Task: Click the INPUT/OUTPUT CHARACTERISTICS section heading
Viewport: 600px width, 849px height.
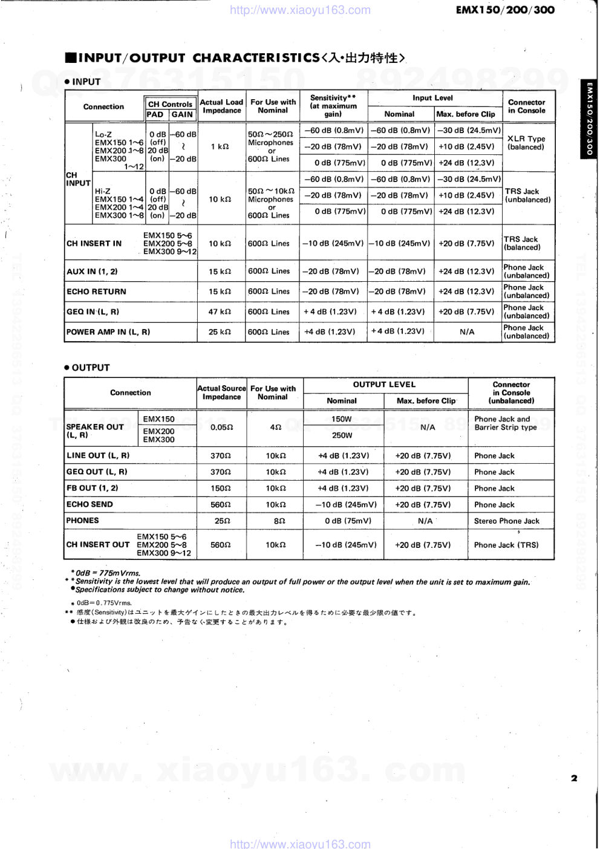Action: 235,58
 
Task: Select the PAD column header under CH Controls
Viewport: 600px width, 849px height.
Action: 155,114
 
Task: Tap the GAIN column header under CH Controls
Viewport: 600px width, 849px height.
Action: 182,114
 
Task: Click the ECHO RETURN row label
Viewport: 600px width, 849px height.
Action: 96,291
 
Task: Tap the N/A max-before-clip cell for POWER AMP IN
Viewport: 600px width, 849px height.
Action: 467,332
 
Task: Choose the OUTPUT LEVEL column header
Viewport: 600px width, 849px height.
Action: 385,385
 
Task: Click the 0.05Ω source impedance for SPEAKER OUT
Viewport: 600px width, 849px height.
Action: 221,427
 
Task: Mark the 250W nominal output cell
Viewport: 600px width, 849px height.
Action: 342,435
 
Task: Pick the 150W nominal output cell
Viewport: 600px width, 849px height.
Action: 342,419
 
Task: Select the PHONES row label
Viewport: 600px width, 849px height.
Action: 82,521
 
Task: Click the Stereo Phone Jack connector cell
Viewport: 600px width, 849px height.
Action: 506,521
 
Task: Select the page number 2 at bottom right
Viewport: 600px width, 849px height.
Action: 574,778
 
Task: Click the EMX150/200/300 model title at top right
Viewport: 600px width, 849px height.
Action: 505,10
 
